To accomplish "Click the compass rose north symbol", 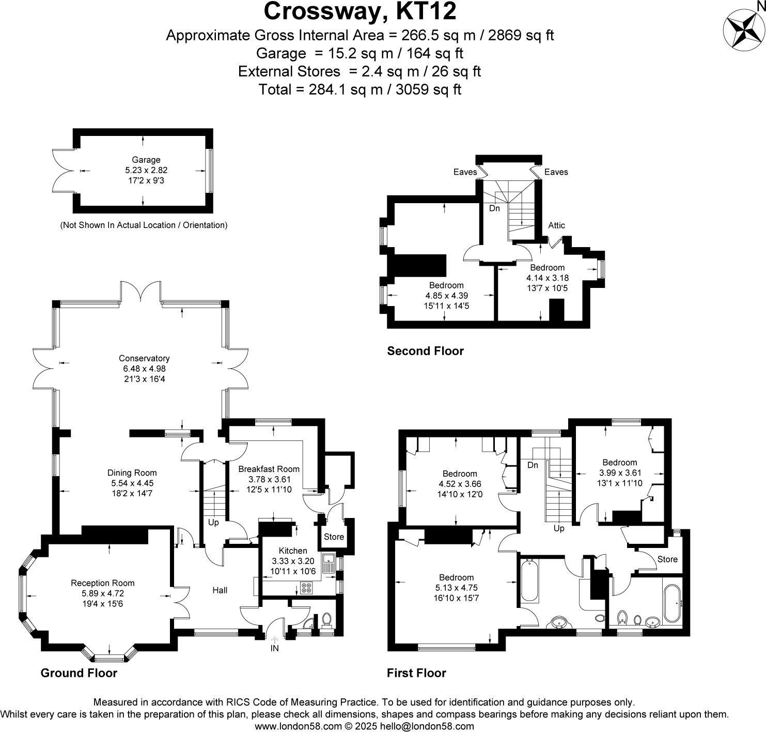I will [x=744, y=30].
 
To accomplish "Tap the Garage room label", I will [x=146, y=160].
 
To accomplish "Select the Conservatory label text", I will [x=144, y=358].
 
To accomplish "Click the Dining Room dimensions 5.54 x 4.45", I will [x=132, y=483].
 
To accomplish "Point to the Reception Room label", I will [x=103, y=583].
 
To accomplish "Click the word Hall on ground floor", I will [x=220, y=590].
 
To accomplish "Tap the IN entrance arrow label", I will [x=274, y=648].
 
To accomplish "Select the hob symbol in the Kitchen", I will [x=306, y=588].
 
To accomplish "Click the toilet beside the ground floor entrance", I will [x=326, y=618].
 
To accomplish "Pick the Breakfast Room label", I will [x=269, y=469].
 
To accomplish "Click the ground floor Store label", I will [x=334, y=537].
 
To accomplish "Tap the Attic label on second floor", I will [x=556, y=225].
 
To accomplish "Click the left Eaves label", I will [x=465, y=172].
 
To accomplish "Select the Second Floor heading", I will [x=426, y=351].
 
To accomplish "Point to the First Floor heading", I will [x=416, y=673].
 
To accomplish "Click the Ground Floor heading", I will [x=79, y=673].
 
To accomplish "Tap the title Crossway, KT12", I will [x=360, y=11].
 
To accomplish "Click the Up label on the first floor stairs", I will [x=559, y=528].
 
